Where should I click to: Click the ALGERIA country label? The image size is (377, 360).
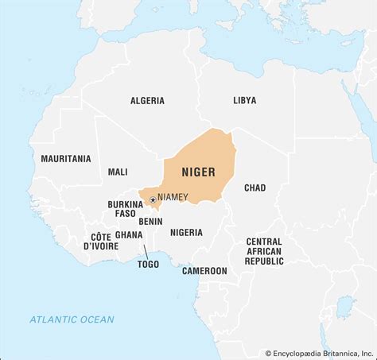pyautogui.click(x=147, y=100)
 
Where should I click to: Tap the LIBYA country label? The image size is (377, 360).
pyautogui.click(x=244, y=100)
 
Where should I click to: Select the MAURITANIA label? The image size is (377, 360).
pyautogui.click(x=66, y=159)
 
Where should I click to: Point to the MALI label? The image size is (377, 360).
pyautogui.click(x=118, y=172)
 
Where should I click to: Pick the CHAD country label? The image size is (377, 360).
pyautogui.click(x=255, y=188)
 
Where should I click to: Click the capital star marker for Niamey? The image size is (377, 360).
pyautogui.click(x=153, y=199)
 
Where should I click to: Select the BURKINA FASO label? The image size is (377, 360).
pyautogui.click(x=125, y=210)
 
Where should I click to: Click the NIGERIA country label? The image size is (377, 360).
pyautogui.click(x=186, y=232)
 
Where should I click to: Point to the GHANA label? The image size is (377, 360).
pyautogui.click(x=129, y=235)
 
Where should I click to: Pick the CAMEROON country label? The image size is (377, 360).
pyautogui.click(x=204, y=270)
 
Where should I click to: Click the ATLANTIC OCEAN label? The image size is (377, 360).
pyautogui.click(x=72, y=319)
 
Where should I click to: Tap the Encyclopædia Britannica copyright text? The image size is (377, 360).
pyautogui.click(x=318, y=353)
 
